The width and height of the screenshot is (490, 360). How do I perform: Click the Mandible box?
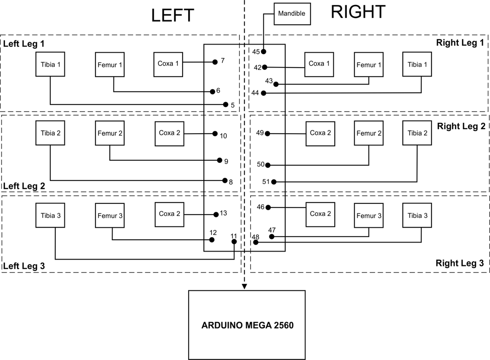click(x=292, y=14)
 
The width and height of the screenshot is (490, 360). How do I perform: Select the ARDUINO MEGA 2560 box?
click(x=247, y=325)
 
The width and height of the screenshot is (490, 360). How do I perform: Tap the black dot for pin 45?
click(x=263, y=52)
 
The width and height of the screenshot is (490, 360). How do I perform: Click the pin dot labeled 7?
click(x=215, y=62)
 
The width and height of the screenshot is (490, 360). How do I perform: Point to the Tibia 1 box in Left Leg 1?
click(x=50, y=64)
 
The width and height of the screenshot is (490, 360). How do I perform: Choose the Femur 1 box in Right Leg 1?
click(x=369, y=65)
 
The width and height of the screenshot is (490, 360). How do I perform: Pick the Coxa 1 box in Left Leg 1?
click(x=168, y=64)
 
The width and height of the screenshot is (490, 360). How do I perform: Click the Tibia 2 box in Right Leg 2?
click(x=417, y=133)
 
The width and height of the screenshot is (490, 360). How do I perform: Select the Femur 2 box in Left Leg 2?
click(x=110, y=133)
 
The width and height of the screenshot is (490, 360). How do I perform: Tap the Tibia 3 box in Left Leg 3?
click(x=50, y=215)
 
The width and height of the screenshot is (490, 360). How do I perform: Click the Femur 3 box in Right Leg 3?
click(x=369, y=215)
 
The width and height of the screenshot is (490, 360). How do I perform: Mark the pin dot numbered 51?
click(x=274, y=182)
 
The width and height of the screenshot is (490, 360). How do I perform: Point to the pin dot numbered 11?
click(x=234, y=242)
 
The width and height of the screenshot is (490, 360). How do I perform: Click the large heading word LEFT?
click(x=173, y=15)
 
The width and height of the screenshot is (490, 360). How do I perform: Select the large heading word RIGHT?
click(x=358, y=12)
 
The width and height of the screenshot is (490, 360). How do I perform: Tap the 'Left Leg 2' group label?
click(x=24, y=186)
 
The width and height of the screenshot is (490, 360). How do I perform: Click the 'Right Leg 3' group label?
click(x=460, y=263)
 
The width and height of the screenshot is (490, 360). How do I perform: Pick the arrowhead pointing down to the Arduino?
click(x=244, y=286)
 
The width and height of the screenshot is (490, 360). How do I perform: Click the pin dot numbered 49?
click(x=268, y=134)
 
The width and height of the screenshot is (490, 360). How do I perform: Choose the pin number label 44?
click(x=255, y=93)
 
